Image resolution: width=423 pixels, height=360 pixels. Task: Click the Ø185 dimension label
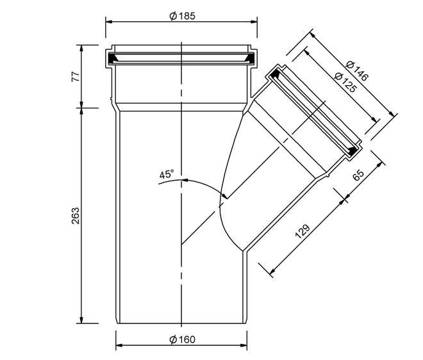click(182, 16)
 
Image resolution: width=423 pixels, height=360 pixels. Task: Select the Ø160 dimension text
click(182, 340)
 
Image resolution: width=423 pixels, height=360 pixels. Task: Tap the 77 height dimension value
click(76, 77)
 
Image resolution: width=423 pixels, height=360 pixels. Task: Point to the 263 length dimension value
click(76, 215)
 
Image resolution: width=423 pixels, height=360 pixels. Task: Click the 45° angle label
click(167, 174)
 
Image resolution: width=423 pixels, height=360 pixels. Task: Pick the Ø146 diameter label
click(357, 71)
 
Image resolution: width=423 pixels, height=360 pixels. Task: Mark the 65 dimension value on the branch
click(358, 176)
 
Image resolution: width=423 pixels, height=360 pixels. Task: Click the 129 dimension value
click(303, 231)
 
